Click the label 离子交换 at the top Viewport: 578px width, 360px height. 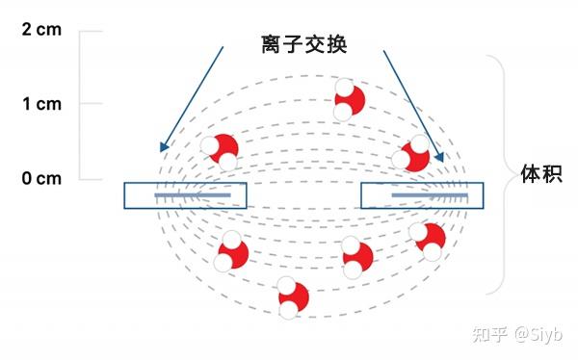click(303, 42)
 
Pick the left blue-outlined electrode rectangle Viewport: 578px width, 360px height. click(185, 195)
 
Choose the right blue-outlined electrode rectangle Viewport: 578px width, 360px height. click(422, 195)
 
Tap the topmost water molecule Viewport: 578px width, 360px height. click(349, 99)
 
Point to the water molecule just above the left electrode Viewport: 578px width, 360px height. click(222, 150)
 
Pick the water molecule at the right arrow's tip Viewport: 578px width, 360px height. click(416, 154)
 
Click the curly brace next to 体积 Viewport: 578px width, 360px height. click(498, 174)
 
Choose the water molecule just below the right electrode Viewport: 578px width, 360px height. click(427, 238)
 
